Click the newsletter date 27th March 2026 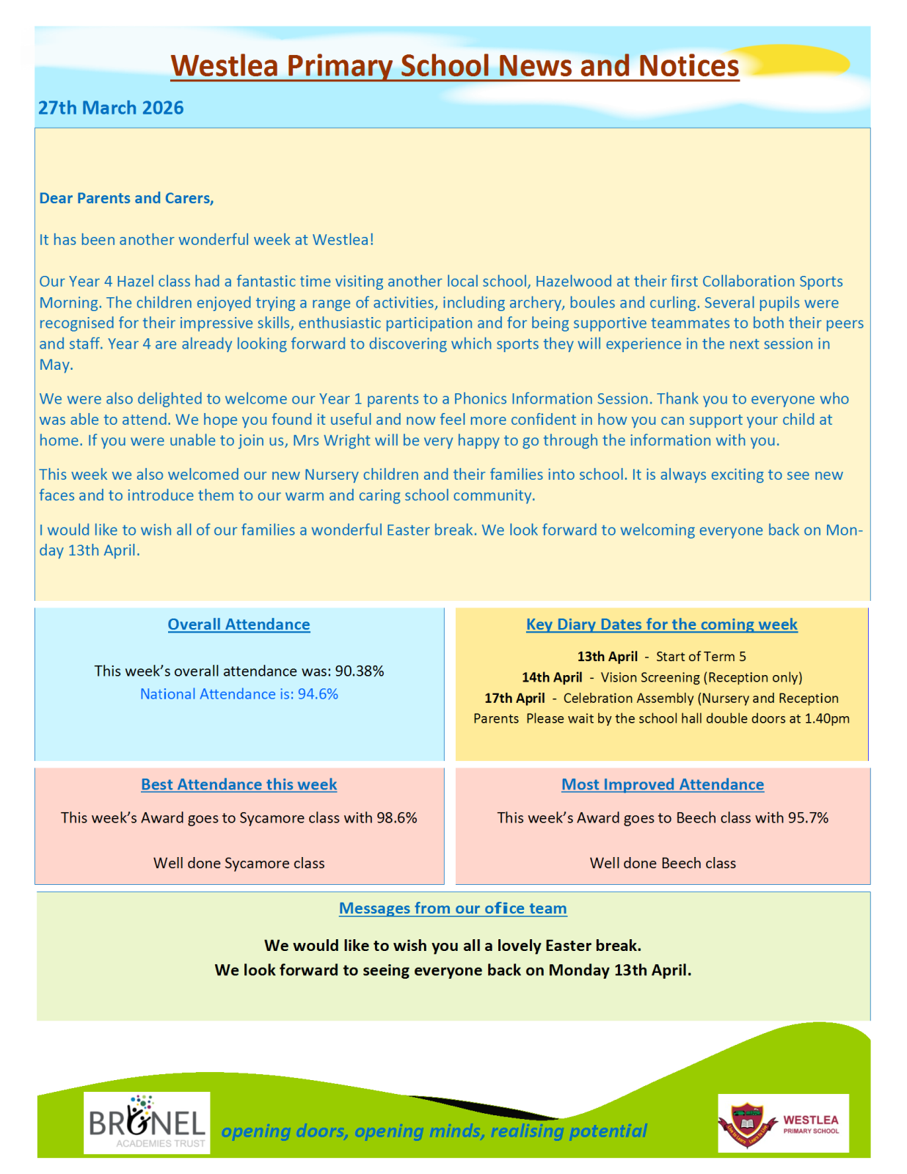pos(111,108)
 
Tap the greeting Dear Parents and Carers pos(126,198)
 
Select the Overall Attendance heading pos(238,624)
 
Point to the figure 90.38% pos(360,671)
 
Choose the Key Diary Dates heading pos(661,624)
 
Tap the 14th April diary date pos(552,677)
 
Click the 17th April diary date pos(514,698)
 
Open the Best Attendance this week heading pos(238,784)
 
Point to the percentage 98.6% pos(397,817)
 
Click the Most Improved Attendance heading pos(663,784)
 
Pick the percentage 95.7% pos(808,817)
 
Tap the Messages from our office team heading pos(453,908)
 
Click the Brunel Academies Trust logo pos(147,1123)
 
